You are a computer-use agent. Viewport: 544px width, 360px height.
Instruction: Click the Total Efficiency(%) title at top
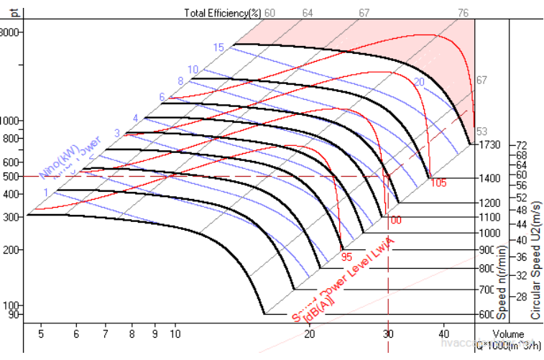pos(223,12)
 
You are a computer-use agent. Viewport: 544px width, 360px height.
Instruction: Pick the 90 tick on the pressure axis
pos(12,314)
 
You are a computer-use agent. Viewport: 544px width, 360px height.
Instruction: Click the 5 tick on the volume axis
pos(41,334)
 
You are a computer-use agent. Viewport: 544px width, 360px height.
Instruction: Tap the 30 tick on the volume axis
pos(388,334)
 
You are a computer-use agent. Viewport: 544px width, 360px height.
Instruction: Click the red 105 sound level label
pos(438,183)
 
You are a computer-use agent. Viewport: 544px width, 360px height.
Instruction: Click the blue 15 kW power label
pos(218,47)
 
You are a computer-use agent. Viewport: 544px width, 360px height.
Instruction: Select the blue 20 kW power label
pos(419,83)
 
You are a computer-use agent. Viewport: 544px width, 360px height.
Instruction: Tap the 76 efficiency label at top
pos(464,12)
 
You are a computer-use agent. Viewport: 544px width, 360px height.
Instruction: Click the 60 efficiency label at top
pos(270,12)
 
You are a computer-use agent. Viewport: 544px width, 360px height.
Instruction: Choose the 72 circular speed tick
pos(522,145)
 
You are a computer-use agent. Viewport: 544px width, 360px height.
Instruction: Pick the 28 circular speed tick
pos(522,296)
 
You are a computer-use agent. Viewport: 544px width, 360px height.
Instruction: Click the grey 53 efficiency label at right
pos(481,131)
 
